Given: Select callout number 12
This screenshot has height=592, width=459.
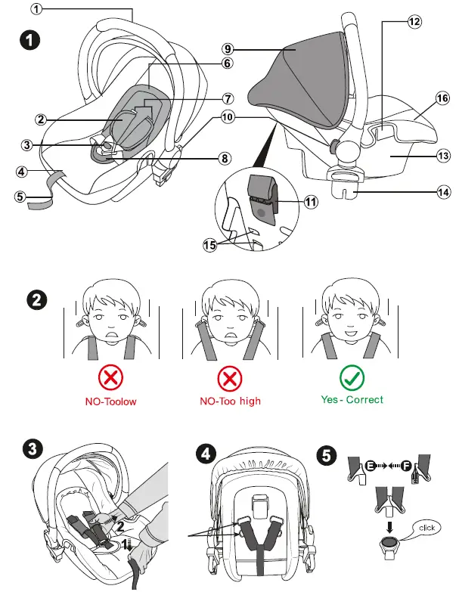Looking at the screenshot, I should pos(414,23).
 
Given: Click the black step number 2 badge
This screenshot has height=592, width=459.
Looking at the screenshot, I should pos(34,299).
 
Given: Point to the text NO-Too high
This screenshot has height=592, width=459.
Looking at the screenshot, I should pos(230,401).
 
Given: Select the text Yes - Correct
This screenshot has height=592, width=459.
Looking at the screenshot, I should pos(352,399).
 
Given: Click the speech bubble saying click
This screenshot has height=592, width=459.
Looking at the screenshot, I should pos(428,528).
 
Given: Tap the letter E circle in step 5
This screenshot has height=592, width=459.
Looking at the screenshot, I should pos(371,466).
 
